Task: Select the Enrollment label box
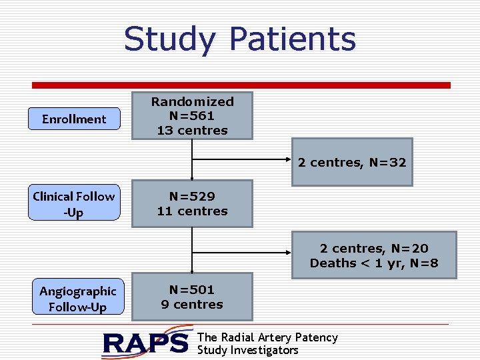click(x=74, y=119)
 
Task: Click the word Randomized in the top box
click(x=192, y=102)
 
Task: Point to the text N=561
click(x=192, y=116)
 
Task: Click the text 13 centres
click(x=192, y=131)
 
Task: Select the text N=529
click(x=192, y=197)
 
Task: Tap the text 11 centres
click(x=192, y=211)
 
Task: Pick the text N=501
click(x=192, y=290)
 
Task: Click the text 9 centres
click(x=192, y=305)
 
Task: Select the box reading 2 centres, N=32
click(x=352, y=162)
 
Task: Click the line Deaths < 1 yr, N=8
click(x=374, y=263)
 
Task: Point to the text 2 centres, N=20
click(x=374, y=249)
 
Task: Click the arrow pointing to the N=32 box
click(x=240, y=160)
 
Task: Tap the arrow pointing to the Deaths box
click(x=240, y=253)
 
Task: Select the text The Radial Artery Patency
click(x=267, y=337)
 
